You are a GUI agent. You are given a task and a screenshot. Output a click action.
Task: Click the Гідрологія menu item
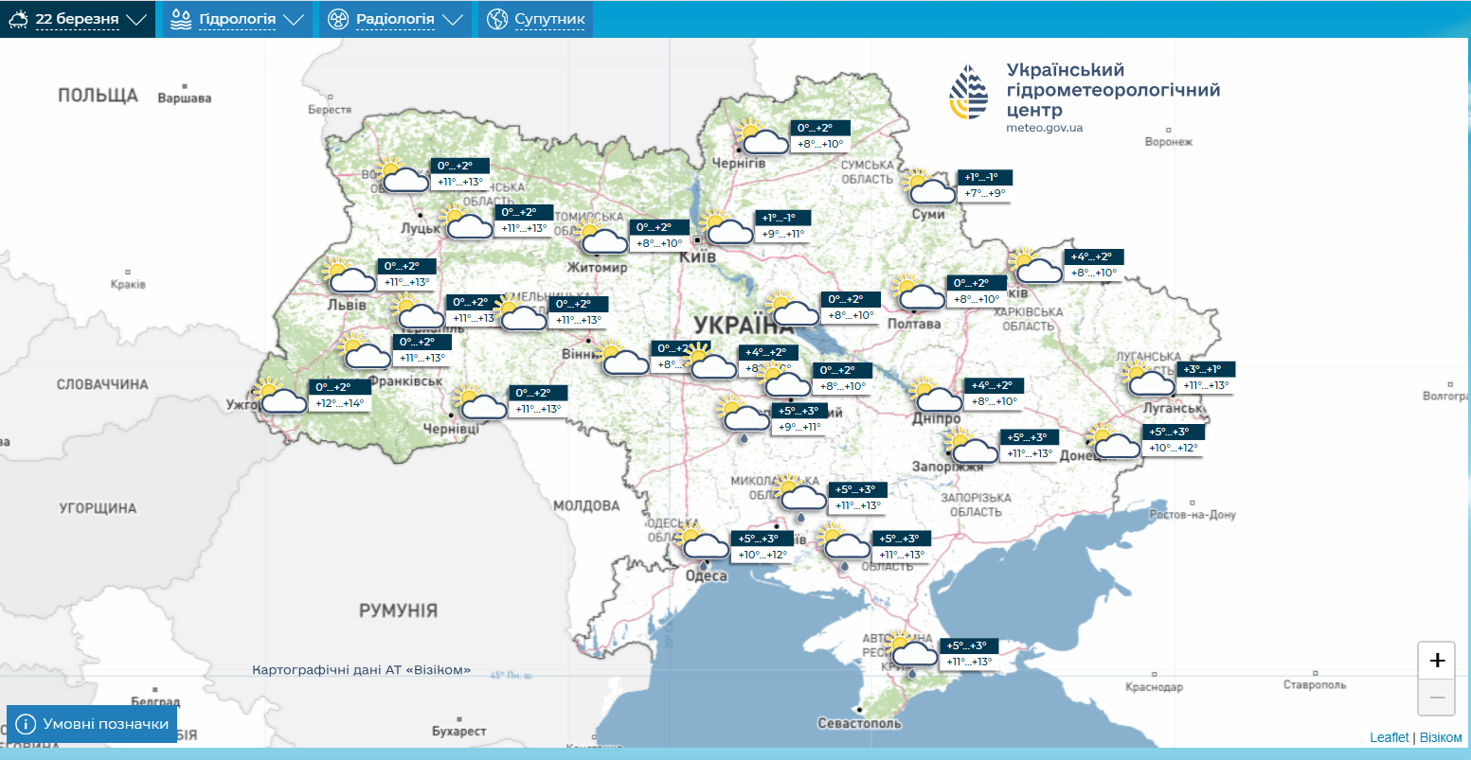pyautogui.click(x=237, y=19)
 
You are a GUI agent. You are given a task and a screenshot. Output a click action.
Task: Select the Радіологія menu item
pyautogui.click(x=395, y=19)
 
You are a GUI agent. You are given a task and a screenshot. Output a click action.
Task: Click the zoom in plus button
pyautogui.click(x=1436, y=660)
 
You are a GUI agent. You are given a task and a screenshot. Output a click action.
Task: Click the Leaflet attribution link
pyautogui.click(x=1389, y=737)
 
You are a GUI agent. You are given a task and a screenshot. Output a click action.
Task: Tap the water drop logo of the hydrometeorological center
pyautogui.click(x=969, y=93)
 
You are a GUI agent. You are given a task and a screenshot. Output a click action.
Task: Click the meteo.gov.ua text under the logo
pyautogui.click(x=1044, y=128)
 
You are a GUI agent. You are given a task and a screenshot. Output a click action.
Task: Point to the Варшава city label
pyautogui.click(x=185, y=98)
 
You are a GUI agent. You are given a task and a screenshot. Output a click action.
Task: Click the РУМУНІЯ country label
pyautogui.click(x=398, y=610)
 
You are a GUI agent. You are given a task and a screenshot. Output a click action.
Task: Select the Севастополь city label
pyautogui.click(x=860, y=723)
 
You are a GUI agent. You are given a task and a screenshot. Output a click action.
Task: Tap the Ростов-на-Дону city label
pyautogui.click(x=1193, y=515)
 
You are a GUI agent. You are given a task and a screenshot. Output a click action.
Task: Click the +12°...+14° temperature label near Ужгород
pyautogui.click(x=339, y=403)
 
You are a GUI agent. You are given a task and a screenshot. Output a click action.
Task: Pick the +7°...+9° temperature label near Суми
pyautogui.click(x=983, y=193)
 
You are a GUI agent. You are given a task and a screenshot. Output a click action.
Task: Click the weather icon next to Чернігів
pyautogui.click(x=762, y=137)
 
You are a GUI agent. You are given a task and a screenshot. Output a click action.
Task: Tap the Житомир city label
pyautogui.click(x=597, y=268)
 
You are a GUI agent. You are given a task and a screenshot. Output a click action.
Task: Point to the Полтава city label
pyautogui.click(x=914, y=324)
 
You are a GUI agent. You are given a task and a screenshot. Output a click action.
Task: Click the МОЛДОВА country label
pyautogui.click(x=585, y=506)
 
